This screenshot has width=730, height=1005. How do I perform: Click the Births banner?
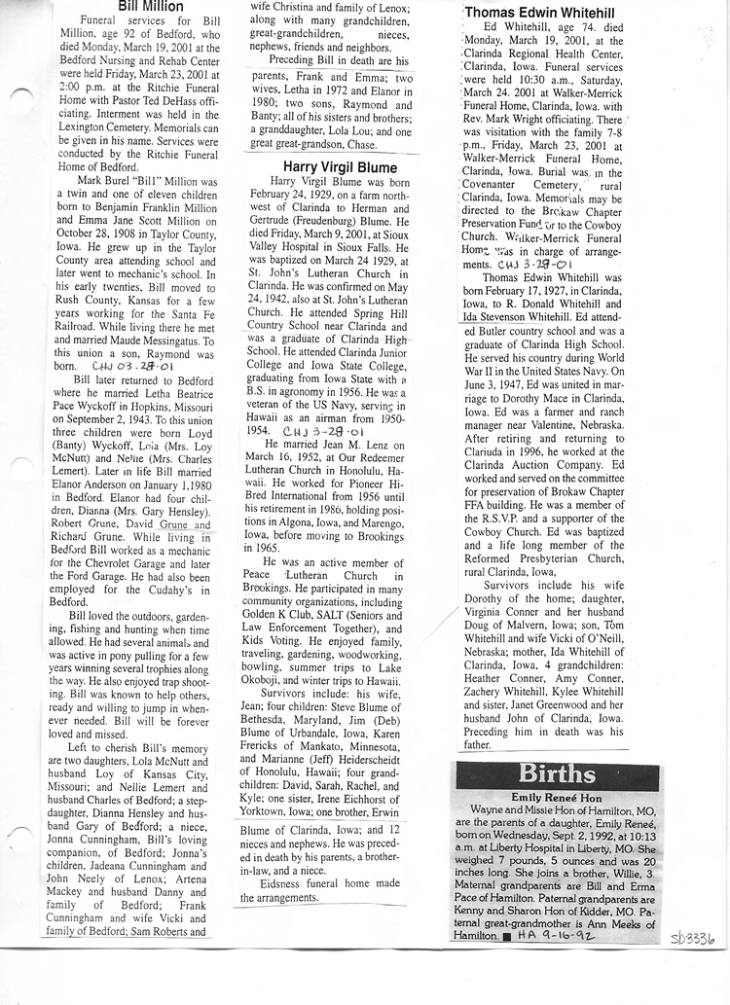(x=558, y=775)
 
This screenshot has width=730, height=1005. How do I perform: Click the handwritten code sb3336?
(x=692, y=938)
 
